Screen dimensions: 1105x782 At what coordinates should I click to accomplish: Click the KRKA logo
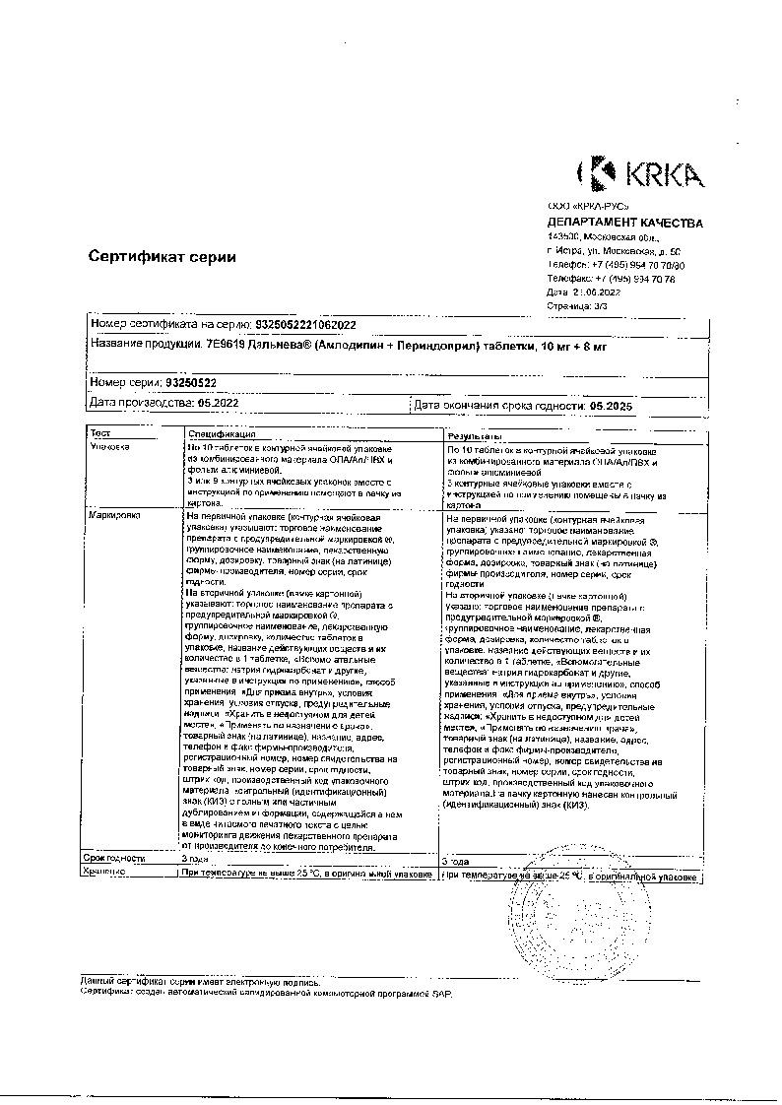click(x=640, y=175)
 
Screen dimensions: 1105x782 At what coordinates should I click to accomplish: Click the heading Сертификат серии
click(x=163, y=257)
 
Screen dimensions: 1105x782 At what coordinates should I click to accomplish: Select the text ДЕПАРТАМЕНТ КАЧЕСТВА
click(x=624, y=224)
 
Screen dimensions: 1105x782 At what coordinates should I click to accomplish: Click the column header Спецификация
click(x=223, y=434)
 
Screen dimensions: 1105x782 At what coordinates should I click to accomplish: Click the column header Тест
click(x=101, y=433)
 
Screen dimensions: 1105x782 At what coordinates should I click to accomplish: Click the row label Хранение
click(x=106, y=873)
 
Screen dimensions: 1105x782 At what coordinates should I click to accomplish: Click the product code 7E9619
click(x=225, y=345)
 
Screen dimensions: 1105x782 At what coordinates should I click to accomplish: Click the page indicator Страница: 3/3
click(x=577, y=306)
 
